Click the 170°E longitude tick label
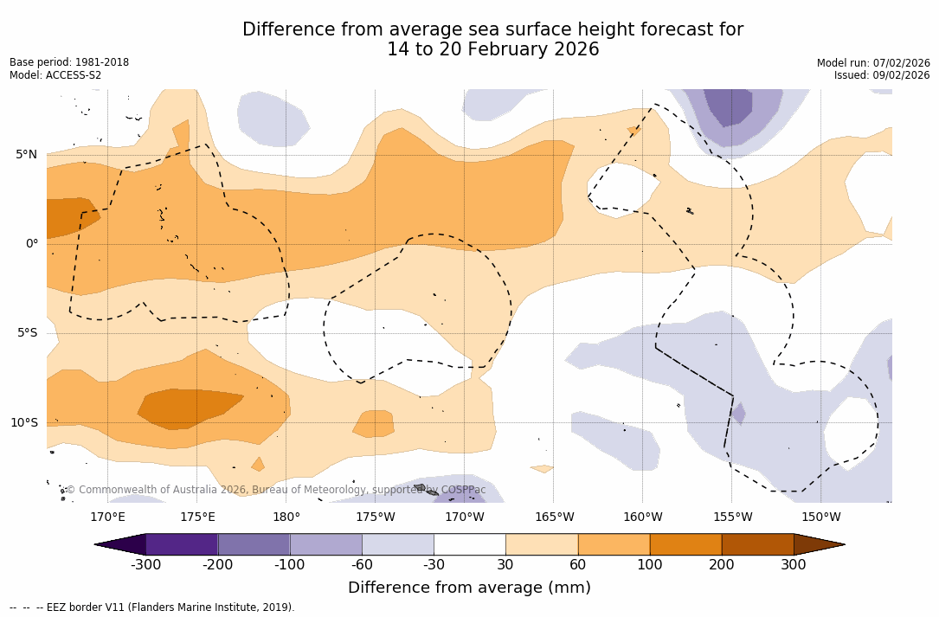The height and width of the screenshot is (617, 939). coord(107,517)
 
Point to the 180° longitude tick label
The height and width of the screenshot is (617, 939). coord(286,517)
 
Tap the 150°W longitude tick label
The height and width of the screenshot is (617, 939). coord(820,517)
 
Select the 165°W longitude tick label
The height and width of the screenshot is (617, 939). coord(554,517)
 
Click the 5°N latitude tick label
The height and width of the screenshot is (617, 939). coord(26,155)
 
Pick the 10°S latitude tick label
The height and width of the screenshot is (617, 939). coord(23,423)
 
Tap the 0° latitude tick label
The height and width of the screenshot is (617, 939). coord(31,244)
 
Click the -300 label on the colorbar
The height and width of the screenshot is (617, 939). coord(145,565)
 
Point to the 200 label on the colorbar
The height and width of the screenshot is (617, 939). coord(722,565)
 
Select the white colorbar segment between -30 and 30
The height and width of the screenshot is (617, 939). coord(470,544)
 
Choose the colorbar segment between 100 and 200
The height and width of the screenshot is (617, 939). coord(685,544)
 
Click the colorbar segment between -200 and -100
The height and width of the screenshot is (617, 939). coord(254,544)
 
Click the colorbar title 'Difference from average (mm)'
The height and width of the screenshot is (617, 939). coord(469,588)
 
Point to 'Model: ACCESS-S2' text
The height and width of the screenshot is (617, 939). coord(55,75)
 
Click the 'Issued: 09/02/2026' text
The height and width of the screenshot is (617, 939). coord(882,75)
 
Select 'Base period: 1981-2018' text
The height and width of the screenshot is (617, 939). coord(69,62)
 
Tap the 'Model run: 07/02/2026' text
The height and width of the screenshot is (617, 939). coord(873,62)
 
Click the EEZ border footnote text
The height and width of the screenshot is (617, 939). coord(152,607)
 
